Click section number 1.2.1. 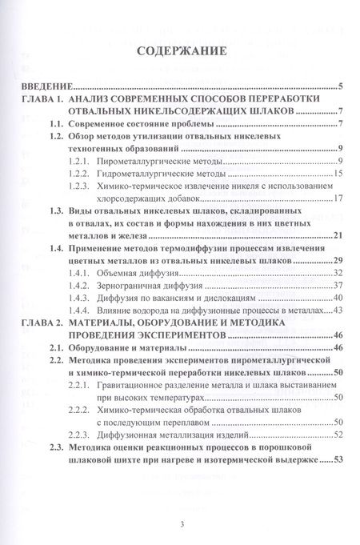(79, 161)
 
